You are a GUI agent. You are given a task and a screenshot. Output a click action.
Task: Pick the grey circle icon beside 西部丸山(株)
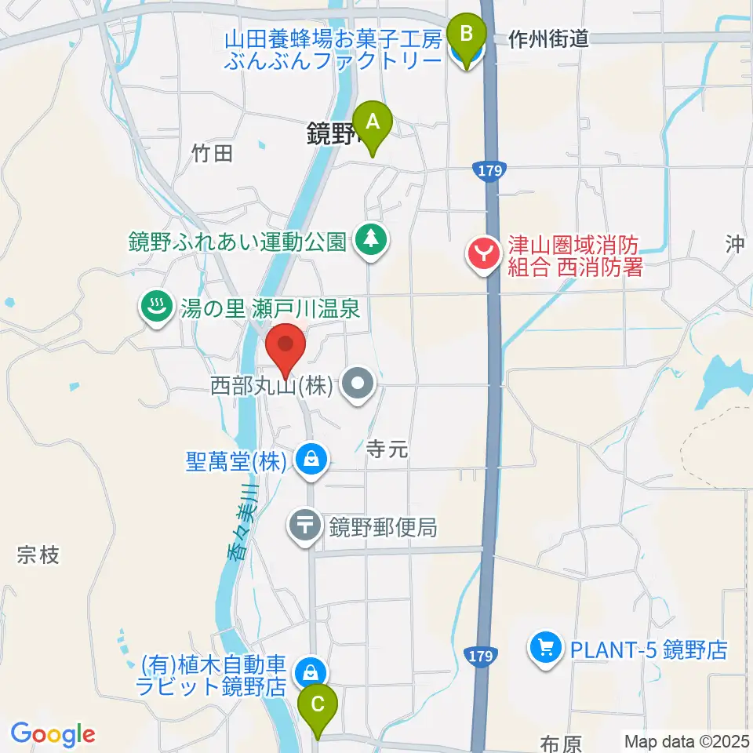tap(360, 385)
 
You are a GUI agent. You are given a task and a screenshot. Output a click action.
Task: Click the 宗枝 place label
tap(38, 556)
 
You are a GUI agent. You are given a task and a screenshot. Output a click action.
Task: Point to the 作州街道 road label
tap(548, 38)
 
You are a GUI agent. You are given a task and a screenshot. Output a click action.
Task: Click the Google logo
tap(53, 734)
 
